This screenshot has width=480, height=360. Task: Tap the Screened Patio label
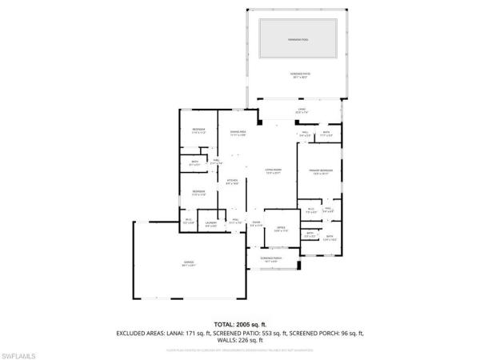pos(298,76)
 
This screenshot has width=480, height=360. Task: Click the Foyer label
pos(256,224)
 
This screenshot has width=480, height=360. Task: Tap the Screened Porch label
pos(272,260)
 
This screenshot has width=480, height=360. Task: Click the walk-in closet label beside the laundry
pos(190,221)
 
